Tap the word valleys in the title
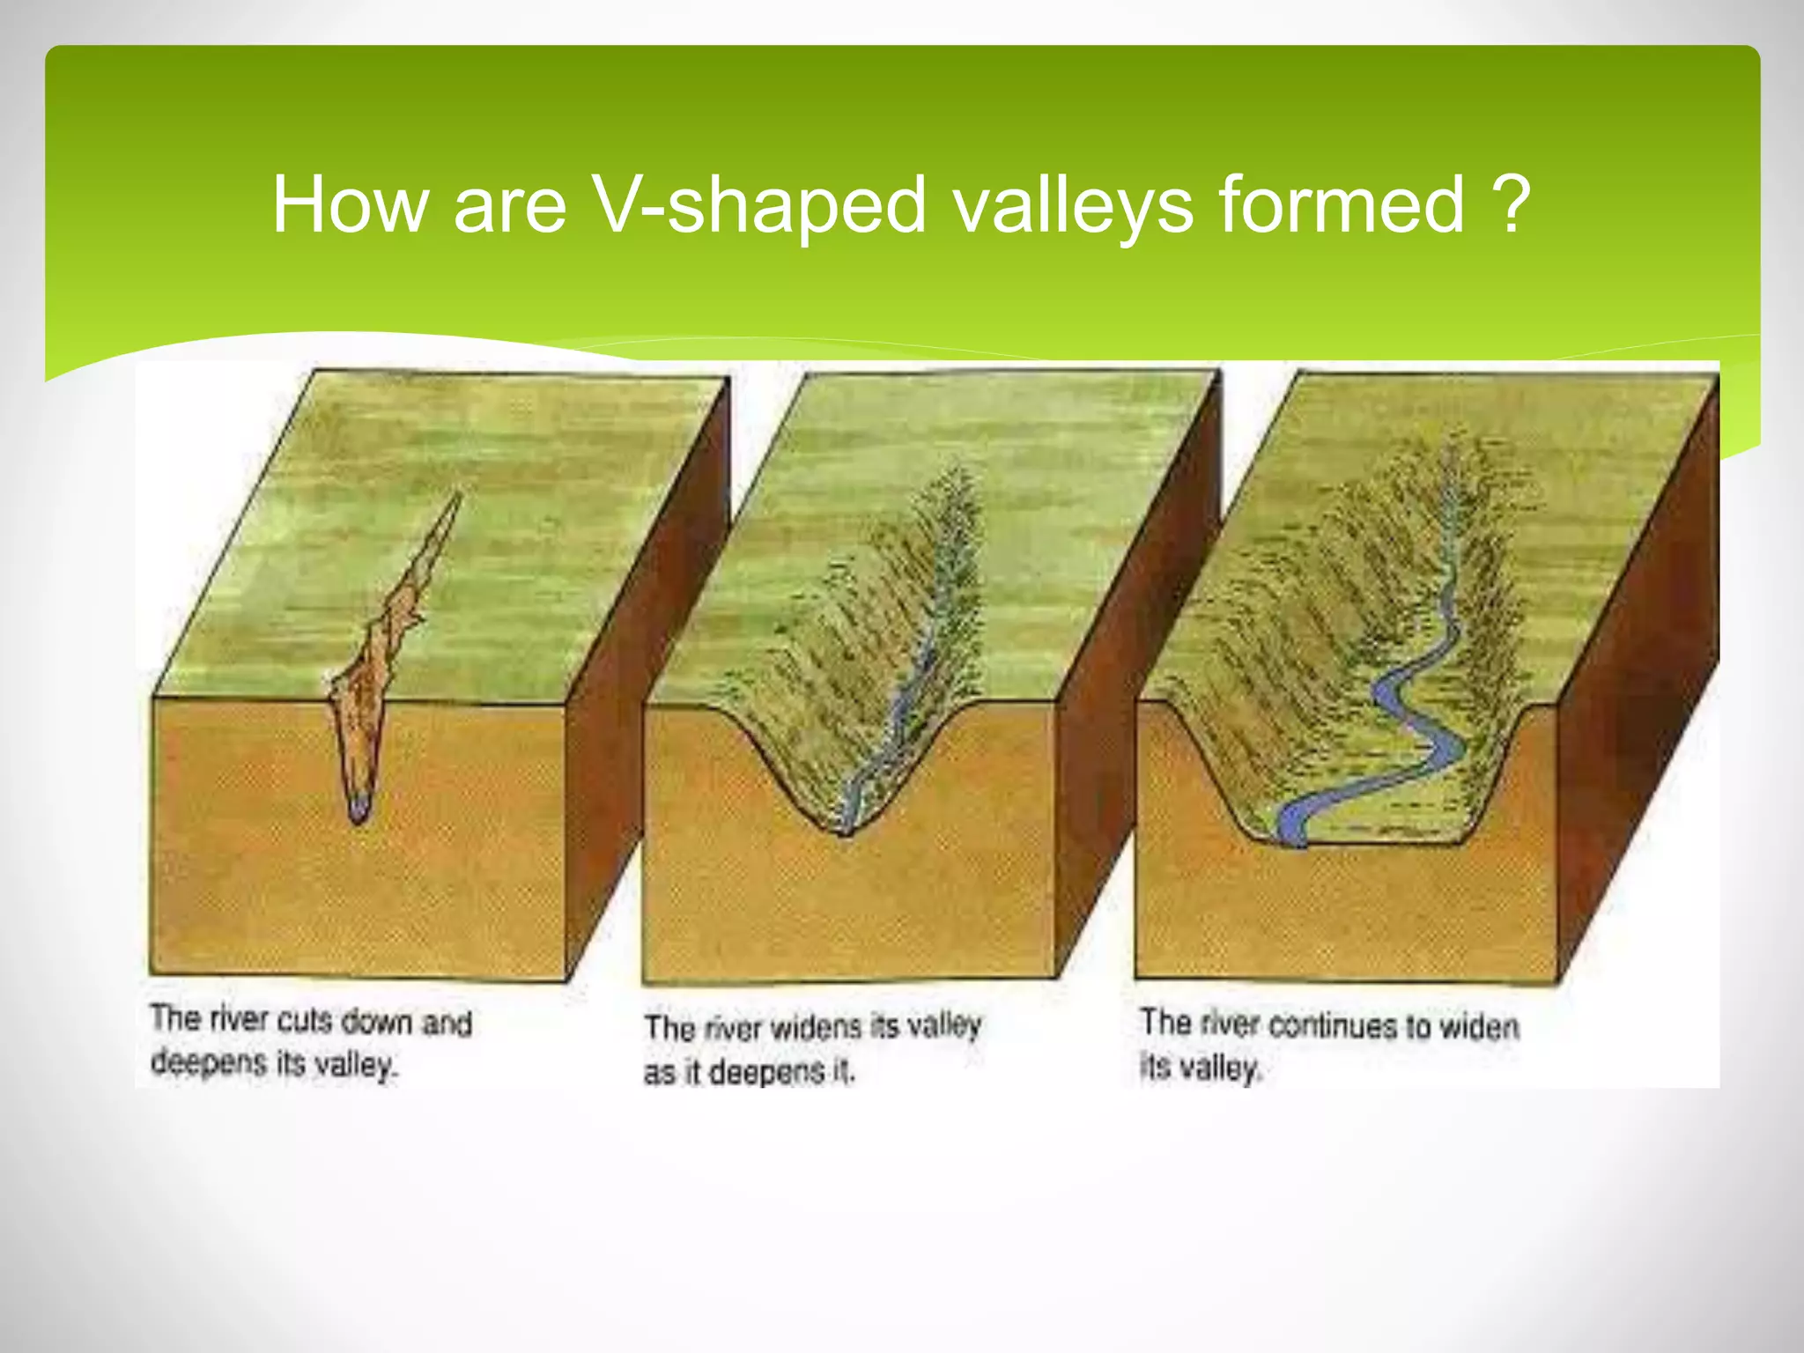click(x=1073, y=204)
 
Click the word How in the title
click(x=349, y=204)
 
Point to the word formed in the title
click(x=1341, y=204)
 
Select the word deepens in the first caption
click(x=208, y=1062)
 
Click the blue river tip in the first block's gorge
click(x=358, y=808)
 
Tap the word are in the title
click(x=509, y=204)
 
